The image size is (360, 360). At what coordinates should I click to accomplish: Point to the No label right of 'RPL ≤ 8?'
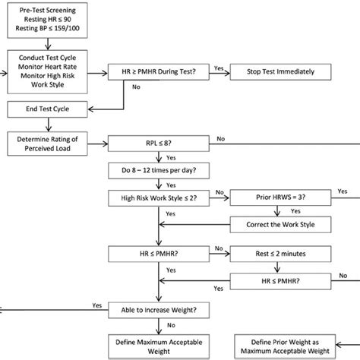[x=220, y=137]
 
